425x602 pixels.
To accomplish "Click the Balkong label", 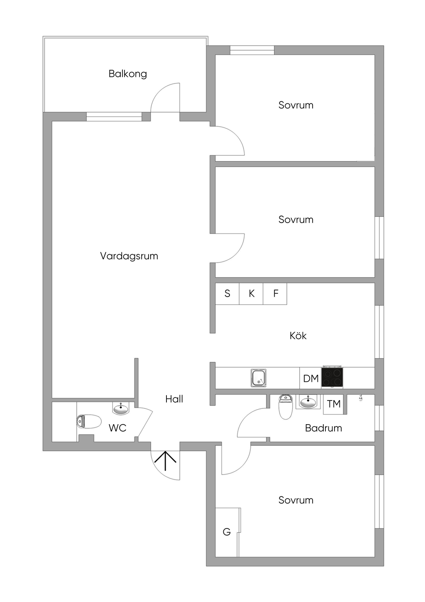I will point(127,74).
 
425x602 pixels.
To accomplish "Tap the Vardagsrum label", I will point(129,256).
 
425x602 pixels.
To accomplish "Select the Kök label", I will point(298,336).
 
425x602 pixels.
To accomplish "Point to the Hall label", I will point(174,399).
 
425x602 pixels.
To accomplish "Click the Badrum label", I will point(323,428).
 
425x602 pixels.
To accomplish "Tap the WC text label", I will point(117,428).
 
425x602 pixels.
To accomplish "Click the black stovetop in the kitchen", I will point(332,377).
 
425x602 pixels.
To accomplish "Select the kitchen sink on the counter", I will point(259,378).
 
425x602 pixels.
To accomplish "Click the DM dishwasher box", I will point(310,378).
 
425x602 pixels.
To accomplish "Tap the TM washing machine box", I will point(334,404).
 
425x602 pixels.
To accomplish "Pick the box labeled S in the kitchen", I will point(227,294).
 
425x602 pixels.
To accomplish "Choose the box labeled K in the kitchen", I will point(252,294).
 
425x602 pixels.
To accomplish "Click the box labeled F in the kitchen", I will point(276,294).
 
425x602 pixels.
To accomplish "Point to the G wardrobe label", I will point(227,532).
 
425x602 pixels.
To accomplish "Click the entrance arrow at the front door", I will point(166,461).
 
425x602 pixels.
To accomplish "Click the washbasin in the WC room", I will point(121,408).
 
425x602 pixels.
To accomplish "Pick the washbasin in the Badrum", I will point(308,402).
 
